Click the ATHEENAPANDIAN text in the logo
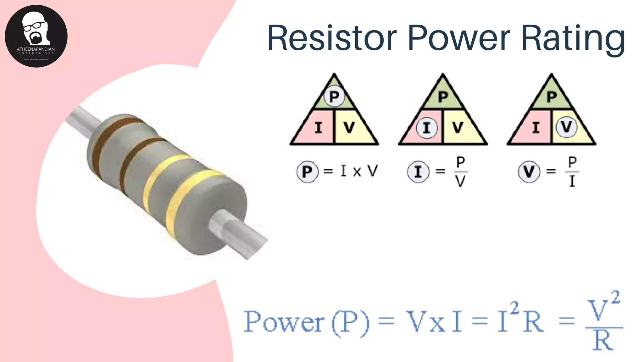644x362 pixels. pos(36,49)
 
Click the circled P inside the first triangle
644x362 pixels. pos(334,96)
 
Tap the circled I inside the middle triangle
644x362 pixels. pos(427,128)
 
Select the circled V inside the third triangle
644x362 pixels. pos(566,127)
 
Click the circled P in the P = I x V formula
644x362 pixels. pos(307,172)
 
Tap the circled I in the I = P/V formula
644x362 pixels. pos(418,172)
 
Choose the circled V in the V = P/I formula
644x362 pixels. pos(529,172)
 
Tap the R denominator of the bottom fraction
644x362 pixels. pos(603,341)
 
